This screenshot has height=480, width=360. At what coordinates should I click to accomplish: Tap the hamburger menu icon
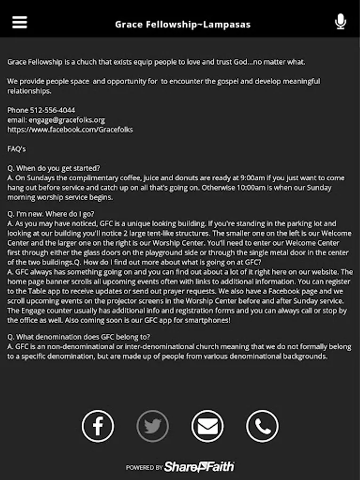(x=20, y=22)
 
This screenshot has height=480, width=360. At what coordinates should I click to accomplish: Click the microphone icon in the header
(x=340, y=22)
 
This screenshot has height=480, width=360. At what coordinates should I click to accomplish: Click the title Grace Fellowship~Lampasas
(x=182, y=24)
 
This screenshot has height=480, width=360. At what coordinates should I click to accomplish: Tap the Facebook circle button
(x=98, y=426)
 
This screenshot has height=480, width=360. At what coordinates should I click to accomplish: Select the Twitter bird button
(x=153, y=426)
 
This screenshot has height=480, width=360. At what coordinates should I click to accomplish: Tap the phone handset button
(x=262, y=426)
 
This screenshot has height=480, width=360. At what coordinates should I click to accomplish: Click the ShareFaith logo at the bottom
(x=199, y=467)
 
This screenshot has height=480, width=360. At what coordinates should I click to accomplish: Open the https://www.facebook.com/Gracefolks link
(x=70, y=130)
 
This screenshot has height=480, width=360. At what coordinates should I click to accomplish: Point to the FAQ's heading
(x=17, y=149)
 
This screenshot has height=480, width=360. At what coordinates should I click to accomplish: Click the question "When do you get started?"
(x=58, y=168)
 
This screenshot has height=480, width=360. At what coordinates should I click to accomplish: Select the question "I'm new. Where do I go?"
(x=55, y=214)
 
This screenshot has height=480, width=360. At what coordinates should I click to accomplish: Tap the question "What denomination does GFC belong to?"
(x=83, y=337)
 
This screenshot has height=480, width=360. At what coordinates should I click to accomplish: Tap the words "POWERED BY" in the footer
(x=144, y=468)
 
